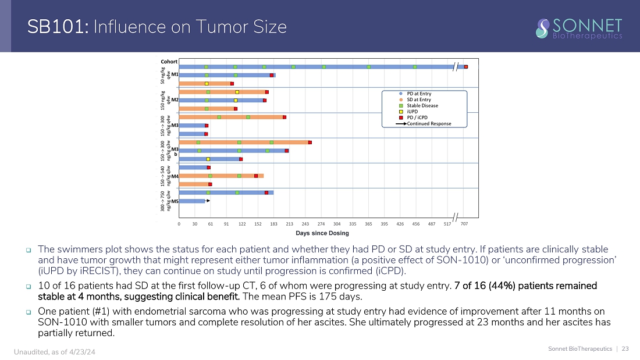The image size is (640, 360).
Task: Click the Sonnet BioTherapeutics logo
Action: tap(579, 28)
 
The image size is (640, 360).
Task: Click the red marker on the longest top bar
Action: tap(466, 67)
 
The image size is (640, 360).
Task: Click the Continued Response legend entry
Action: tap(428, 123)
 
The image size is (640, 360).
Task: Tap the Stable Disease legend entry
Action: tap(422, 105)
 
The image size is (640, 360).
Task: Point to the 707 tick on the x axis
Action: tap(464, 223)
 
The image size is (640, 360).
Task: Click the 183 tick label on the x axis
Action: tap(273, 223)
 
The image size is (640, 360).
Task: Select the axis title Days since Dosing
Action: tap(322, 233)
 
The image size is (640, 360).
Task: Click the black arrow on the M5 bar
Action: tap(208, 201)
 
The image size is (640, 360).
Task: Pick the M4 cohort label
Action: tap(175, 176)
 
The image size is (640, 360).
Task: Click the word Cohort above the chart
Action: tap(169, 62)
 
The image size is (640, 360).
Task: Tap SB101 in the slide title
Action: tap(57, 27)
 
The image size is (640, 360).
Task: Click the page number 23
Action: tap(625, 349)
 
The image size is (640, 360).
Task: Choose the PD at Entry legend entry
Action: tap(419, 93)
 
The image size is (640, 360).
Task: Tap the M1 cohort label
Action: tap(175, 74)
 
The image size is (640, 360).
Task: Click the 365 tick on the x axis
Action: tap(368, 223)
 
